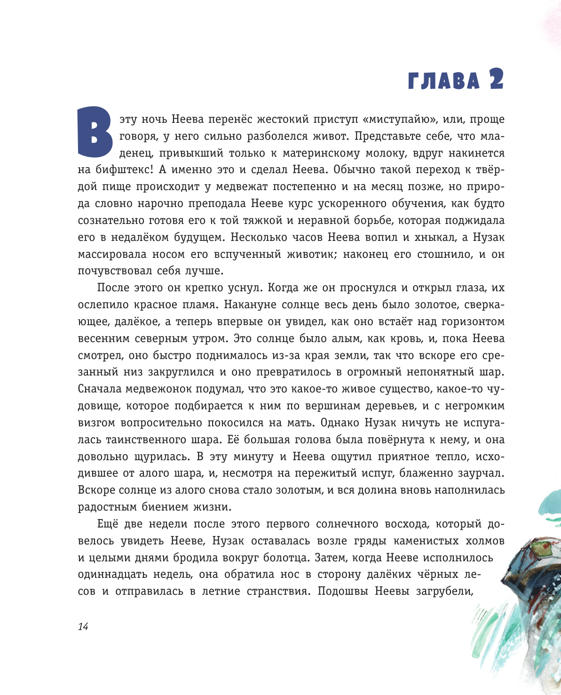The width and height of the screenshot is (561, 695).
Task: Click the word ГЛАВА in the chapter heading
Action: [443, 81]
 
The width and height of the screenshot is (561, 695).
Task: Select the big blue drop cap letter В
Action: [95, 132]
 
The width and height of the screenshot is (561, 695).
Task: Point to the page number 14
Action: [83, 627]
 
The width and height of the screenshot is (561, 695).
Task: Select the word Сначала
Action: [100, 389]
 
